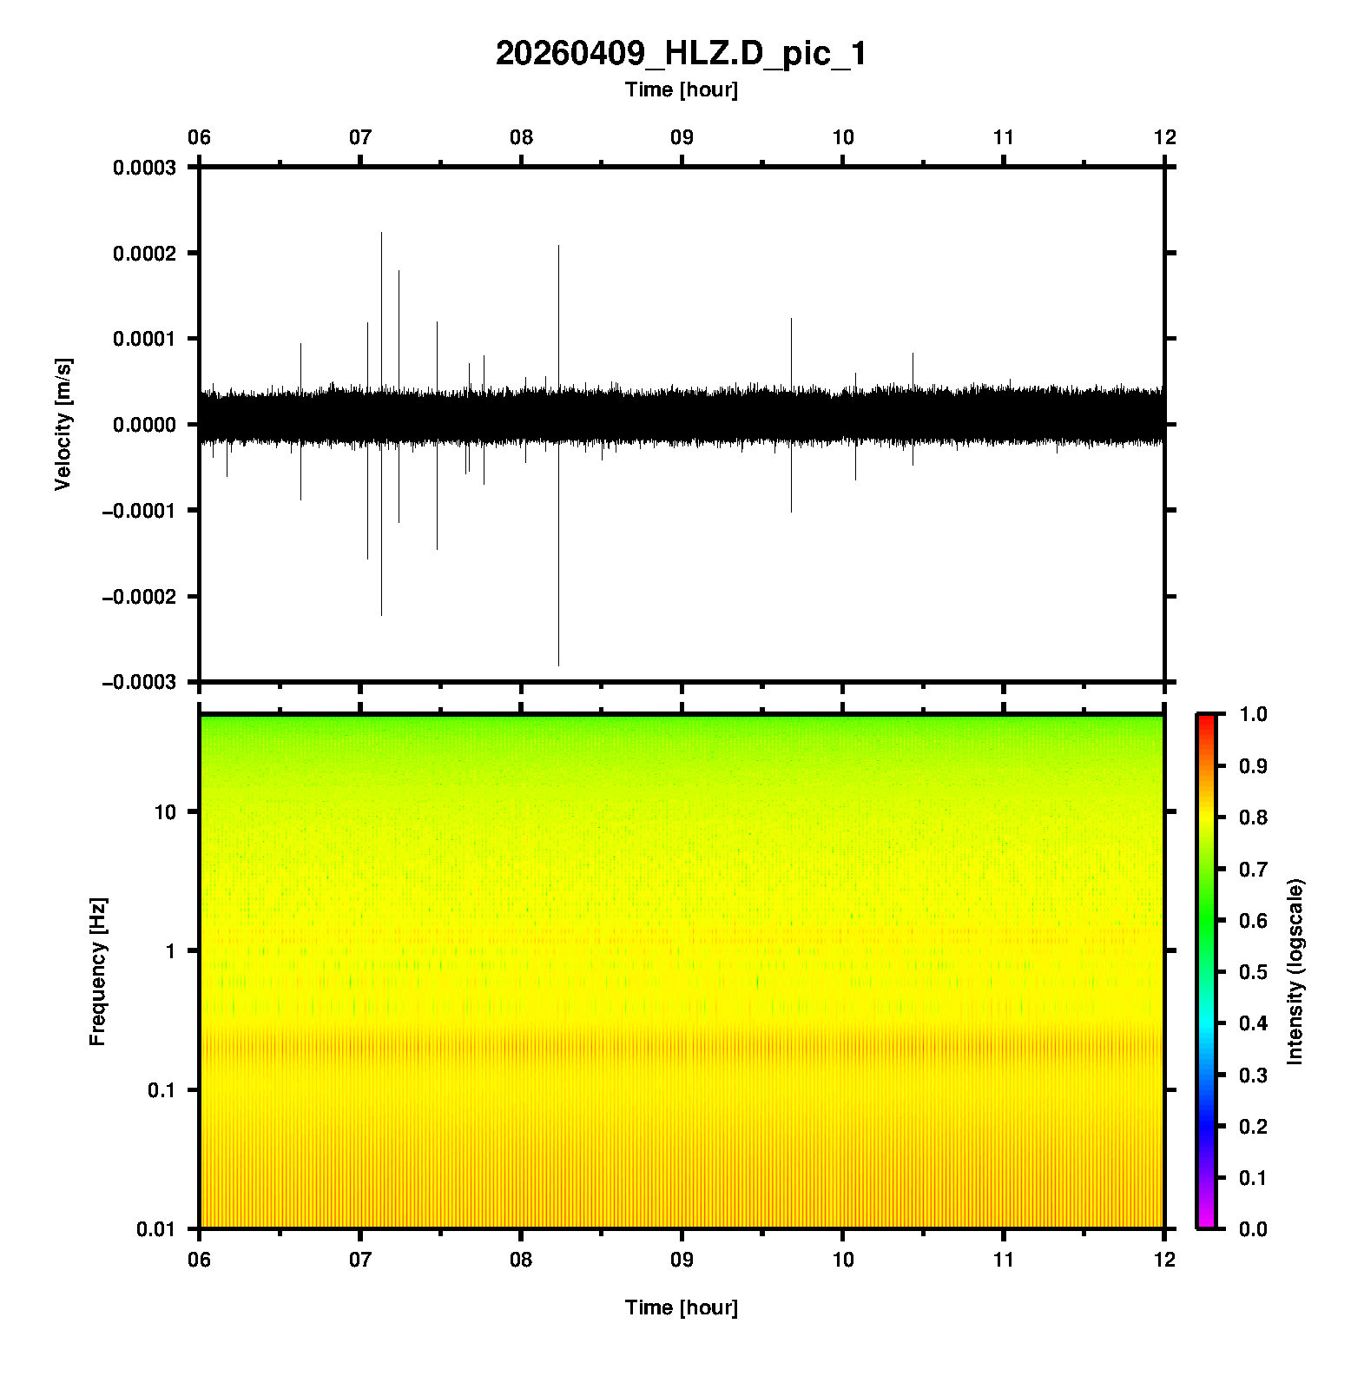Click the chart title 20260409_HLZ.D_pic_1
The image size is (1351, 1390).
[681, 54]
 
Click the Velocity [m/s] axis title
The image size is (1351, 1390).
[63, 424]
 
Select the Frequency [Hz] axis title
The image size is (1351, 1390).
[97, 971]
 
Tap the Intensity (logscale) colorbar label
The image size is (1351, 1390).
[1295, 971]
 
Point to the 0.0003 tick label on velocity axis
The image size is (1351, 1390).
[144, 168]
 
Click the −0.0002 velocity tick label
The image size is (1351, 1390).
[139, 597]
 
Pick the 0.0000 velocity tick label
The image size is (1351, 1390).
[144, 425]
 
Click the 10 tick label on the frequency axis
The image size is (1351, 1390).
[164, 812]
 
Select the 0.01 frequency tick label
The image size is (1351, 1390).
[155, 1229]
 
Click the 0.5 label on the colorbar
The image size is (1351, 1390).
[1253, 972]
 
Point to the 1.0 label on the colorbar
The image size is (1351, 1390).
[1253, 714]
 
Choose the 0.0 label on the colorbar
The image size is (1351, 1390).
[1253, 1229]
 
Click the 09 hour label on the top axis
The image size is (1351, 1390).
[682, 137]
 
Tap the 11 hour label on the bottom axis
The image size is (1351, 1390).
[1004, 1259]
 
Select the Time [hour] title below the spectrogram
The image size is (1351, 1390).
[681, 1307]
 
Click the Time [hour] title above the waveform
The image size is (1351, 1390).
[681, 89]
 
